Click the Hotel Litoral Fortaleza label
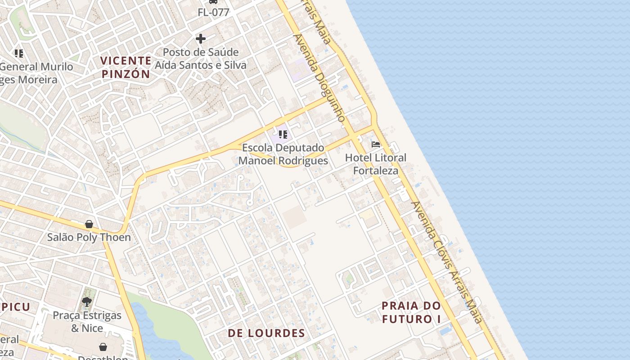pyautogui.click(x=375, y=164)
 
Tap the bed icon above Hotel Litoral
pyautogui.click(x=376, y=144)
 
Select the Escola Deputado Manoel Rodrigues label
pyautogui.click(x=283, y=154)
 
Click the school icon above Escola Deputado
pyautogui.click(x=283, y=134)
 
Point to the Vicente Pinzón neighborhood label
pyautogui.click(x=126, y=67)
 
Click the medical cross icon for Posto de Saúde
pyautogui.click(x=201, y=39)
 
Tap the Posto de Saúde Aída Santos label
pyautogui.click(x=201, y=59)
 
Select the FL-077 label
pyautogui.click(x=213, y=13)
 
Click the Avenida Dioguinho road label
pyautogui.click(x=320, y=77)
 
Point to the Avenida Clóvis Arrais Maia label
pyautogui.click(x=447, y=262)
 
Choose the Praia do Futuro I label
pyautogui.click(x=411, y=312)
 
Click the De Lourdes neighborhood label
pyautogui.click(x=266, y=333)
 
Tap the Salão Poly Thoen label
pyautogui.click(x=89, y=238)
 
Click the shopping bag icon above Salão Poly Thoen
pyautogui.click(x=89, y=224)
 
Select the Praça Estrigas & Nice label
pyautogui.click(x=87, y=322)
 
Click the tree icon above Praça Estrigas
pyautogui.click(x=87, y=301)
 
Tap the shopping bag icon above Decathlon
pyautogui.click(x=103, y=346)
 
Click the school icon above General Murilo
pyautogui.click(x=19, y=54)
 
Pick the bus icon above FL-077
pyautogui.click(x=213, y=2)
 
